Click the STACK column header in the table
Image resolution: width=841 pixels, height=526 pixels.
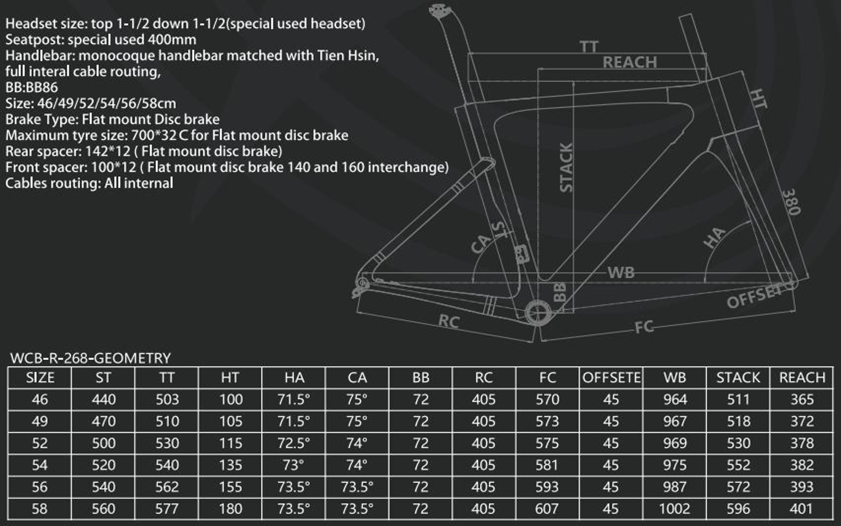738,377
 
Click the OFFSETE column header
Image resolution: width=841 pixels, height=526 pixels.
611,377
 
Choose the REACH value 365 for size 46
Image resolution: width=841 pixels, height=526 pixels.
802,399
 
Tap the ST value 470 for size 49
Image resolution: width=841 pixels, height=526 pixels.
104,421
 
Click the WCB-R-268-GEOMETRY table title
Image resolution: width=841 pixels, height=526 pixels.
91,358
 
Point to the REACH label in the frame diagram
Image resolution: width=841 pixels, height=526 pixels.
630,63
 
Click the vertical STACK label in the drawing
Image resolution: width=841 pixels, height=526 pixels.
566,167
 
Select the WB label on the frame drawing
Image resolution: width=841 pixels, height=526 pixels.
621,273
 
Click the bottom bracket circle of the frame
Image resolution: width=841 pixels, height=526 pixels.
538,313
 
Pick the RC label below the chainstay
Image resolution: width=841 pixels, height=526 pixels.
449,321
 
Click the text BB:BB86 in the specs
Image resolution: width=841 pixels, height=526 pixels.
31,87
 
